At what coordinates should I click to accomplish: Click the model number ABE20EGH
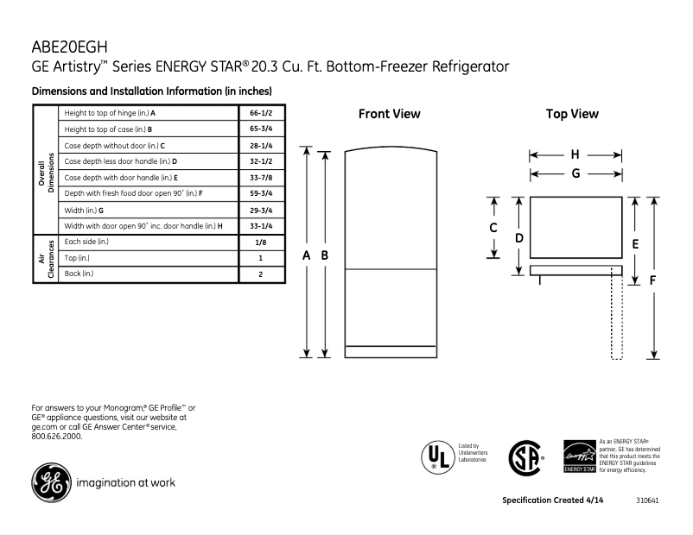click(x=69, y=46)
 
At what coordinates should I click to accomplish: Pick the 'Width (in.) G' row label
click(x=85, y=210)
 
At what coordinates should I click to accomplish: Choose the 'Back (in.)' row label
click(x=79, y=274)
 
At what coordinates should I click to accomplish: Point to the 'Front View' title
click(x=389, y=114)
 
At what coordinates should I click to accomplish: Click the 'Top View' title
click(x=572, y=114)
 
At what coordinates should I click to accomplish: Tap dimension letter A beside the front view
click(x=307, y=255)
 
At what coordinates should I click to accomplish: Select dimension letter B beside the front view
click(x=325, y=255)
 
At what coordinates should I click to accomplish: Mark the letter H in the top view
click(x=575, y=155)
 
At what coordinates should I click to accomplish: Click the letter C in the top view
click(x=493, y=228)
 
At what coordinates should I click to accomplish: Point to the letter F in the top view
click(x=653, y=280)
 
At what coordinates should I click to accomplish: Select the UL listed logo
click(x=435, y=457)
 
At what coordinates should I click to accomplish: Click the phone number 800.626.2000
click(x=56, y=437)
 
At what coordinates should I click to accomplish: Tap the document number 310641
click(x=648, y=501)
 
